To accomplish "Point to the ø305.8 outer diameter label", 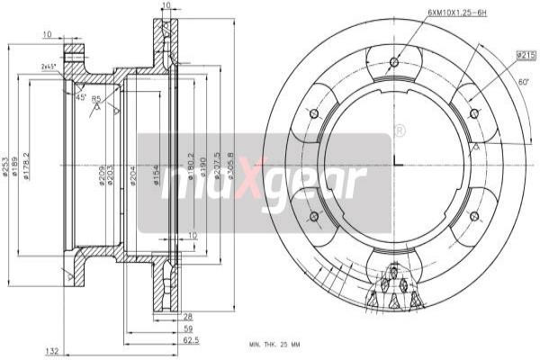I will [231, 166].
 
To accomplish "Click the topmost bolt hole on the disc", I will [393, 61].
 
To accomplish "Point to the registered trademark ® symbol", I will [398, 131].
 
